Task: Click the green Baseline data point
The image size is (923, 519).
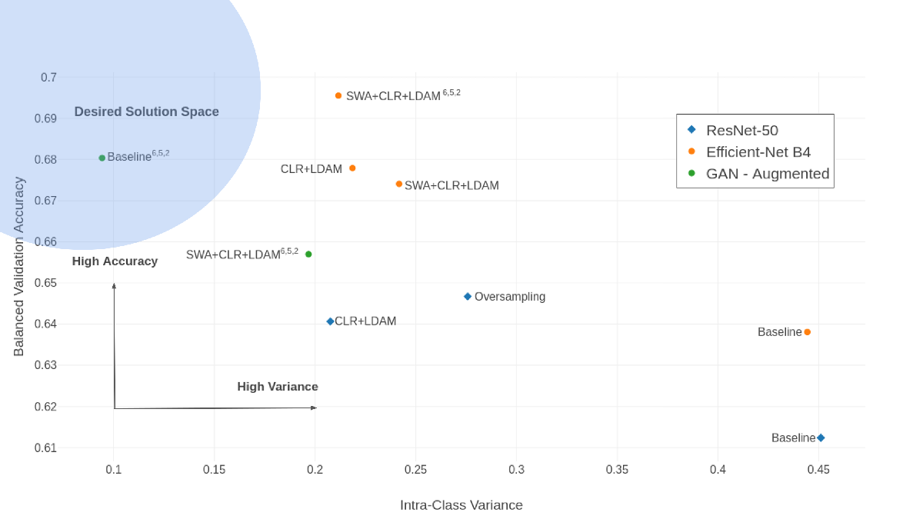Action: pyautogui.click(x=102, y=158)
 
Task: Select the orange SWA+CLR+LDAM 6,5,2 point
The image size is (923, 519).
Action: pyautogui.click(x=338, y=95)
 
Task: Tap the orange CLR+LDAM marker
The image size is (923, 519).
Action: pyautogui.click(x=352, y=168)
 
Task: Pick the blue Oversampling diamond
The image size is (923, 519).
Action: pyautogui.click(x=468, y=297)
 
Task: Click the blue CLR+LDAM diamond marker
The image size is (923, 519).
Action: pyautogui.click(x=330, y=321)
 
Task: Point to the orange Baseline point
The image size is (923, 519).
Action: pyautogui.click(x=807, y=332)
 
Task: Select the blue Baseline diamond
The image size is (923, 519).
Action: pyautogui.click(x=821, y=437)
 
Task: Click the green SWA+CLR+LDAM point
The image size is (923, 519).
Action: pyautogui.click(x=308, y=255)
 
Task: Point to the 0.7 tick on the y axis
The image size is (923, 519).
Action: pyautogui.click(x=48, y=78)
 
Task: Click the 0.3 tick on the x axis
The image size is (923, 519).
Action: pyautogui.click(x=516, y=470)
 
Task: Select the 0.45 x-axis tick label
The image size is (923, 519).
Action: pyautogui.click(x=818, y=470)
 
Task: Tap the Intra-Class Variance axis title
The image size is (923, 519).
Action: pyautogui.click(x=461, y=505)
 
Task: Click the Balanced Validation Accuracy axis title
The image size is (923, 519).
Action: pyautogui.click(x=19, y=267)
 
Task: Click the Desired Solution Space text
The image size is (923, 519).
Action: pyautogui.click(x=146, y=111)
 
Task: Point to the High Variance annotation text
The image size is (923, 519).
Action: pyautogui.click(x=278, y=387)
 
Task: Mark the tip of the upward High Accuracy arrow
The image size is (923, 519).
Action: pyautogui.click(x=114, y=284)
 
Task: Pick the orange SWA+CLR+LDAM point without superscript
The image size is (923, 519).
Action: pyautogui.click(x=399, y=184)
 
